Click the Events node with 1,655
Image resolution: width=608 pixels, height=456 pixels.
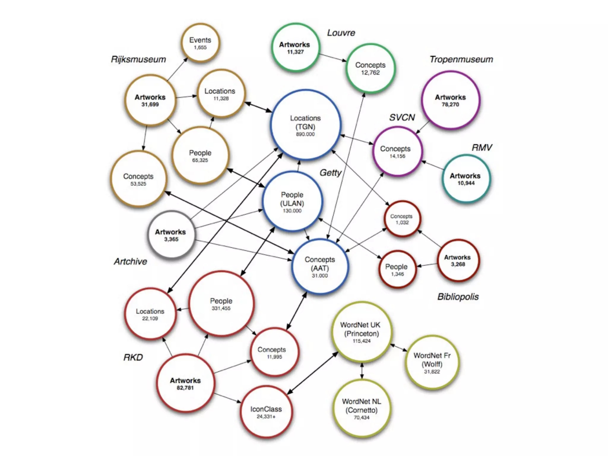coord(200,43)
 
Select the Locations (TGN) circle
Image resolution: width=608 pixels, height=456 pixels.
coord(305,125)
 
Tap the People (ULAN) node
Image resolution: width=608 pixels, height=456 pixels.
coord(292,202)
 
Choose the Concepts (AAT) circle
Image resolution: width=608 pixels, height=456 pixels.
coord(320,267)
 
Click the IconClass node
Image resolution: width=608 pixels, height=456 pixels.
coord(266,412)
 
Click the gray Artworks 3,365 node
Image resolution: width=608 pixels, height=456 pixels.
coord(171,235)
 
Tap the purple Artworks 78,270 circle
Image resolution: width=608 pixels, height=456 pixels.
coord(450,100)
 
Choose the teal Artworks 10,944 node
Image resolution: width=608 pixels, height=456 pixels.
coord(465,179)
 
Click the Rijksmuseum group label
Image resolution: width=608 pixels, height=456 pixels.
coord(138,59)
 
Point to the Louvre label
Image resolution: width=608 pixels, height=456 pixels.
coord(341,33)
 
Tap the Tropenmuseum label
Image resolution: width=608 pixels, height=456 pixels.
coord(461,59)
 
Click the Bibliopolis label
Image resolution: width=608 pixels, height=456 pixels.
coord(458,297)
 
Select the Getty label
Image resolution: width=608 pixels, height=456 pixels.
coord(330,172)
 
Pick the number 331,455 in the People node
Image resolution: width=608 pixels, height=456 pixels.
coord(221,308)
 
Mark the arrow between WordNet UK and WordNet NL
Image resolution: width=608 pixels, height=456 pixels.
coord(362,370)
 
